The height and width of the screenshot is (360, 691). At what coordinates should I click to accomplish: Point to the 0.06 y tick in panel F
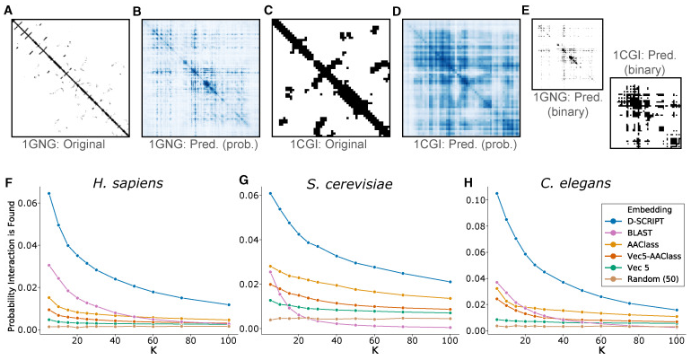[x=28, y=202]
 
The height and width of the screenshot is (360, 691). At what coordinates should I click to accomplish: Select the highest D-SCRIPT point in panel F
[x=49, y=193]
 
